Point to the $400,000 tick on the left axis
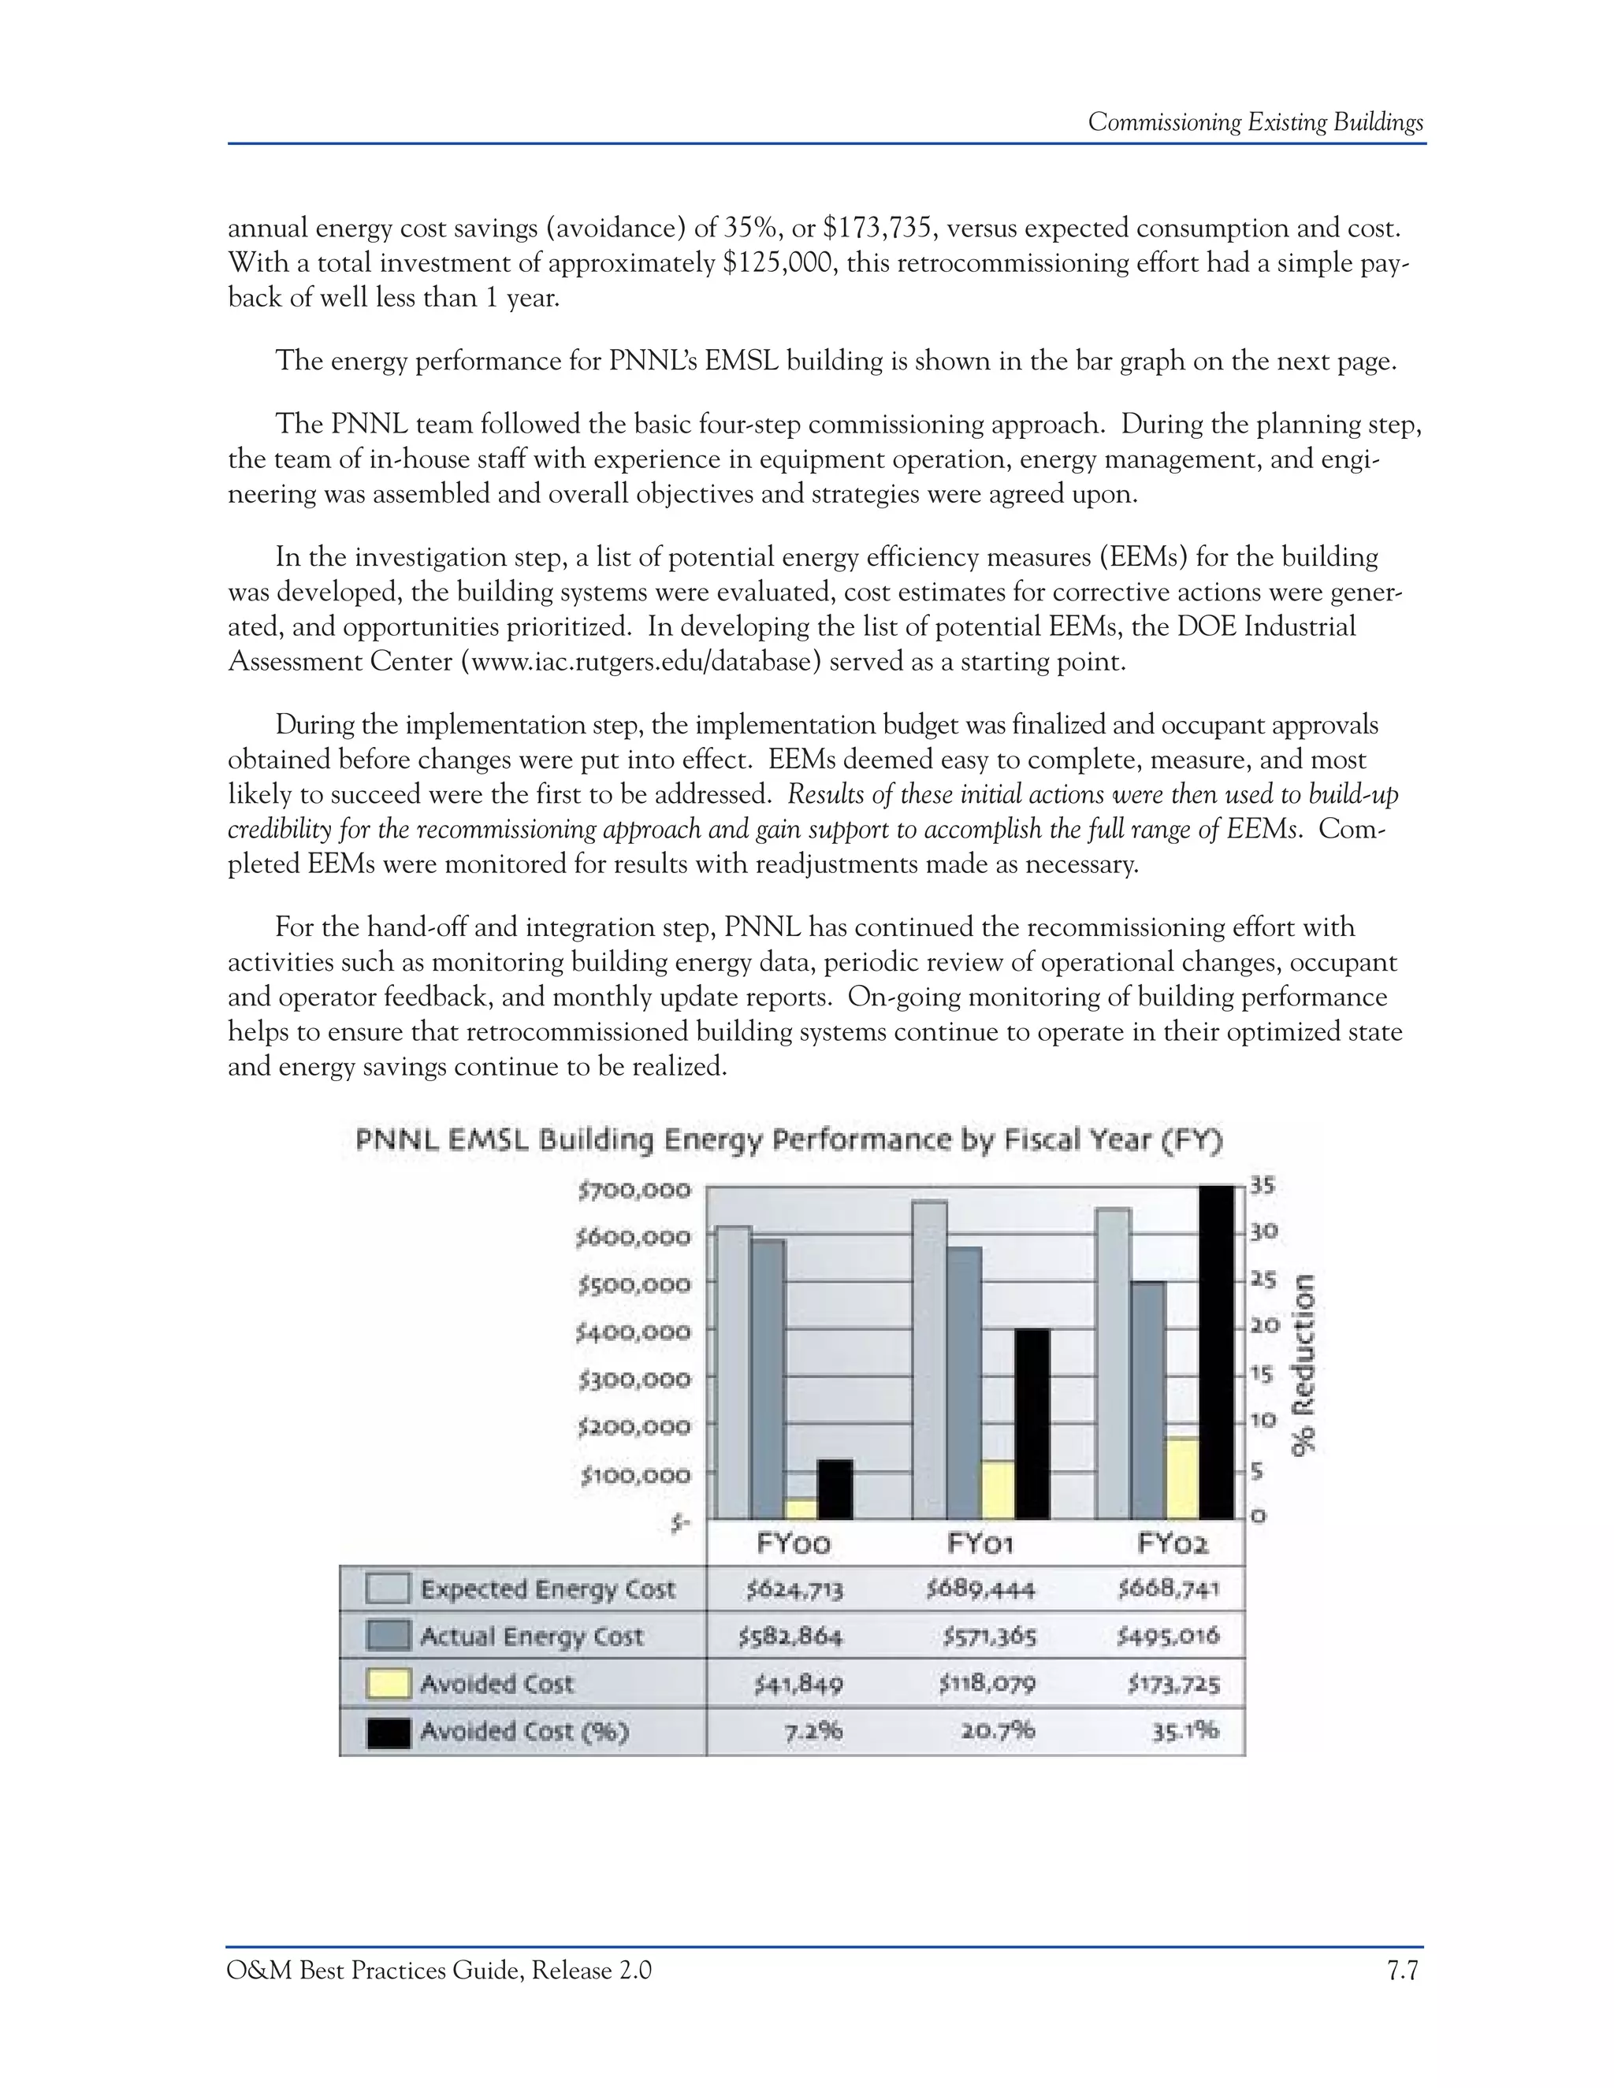coord(633,1331)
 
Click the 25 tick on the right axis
coord(1264,1279)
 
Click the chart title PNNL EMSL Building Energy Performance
coord(789,1141)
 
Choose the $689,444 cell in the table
coord(980,1590)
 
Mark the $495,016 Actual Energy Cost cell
coord(1169,1637)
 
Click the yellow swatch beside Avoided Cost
coord(389,1684)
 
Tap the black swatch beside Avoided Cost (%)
coord(389,1731)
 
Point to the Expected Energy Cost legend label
coord(547,1589)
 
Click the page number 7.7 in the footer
coord(1402,1971)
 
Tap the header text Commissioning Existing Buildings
coord(1255,122)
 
